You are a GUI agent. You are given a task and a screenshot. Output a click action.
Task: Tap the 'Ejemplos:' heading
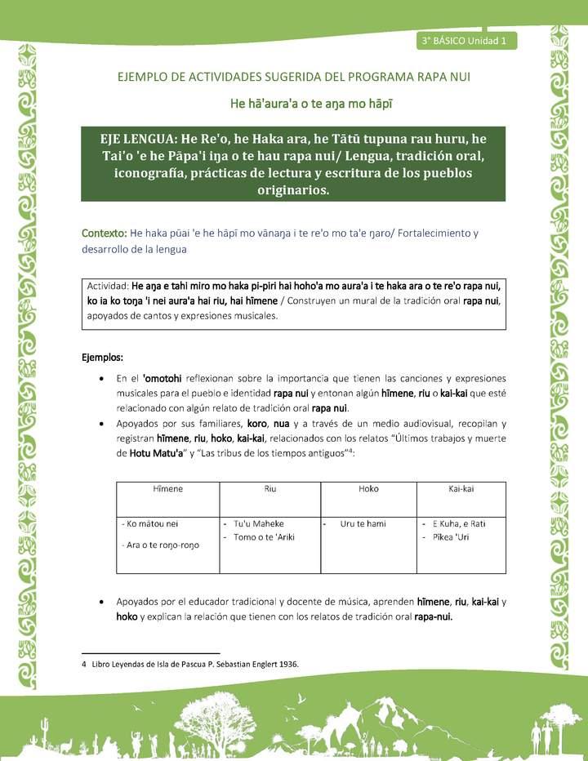coord(103,358)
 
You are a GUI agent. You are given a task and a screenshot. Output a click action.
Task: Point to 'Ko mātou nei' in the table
coord(149,523)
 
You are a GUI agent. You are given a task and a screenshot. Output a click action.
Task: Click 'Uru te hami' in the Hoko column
coord(363,523)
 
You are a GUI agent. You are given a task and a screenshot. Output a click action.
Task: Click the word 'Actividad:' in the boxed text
coord(107,287)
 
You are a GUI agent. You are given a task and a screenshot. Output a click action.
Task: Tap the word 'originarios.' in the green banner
coord(293,190)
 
